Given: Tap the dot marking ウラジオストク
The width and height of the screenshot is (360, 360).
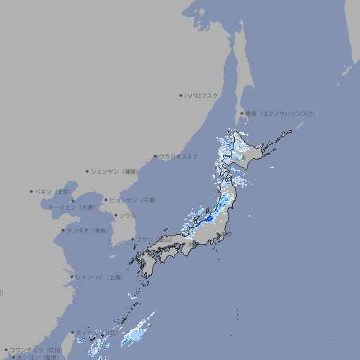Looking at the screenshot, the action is (x=155, y=156).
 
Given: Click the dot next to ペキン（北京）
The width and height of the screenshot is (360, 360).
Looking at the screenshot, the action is (x=32, y=191).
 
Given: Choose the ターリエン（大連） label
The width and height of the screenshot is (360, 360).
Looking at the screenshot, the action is (x=71, y=207).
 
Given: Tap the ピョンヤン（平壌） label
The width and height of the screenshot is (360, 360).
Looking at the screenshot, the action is (x=134, y=200).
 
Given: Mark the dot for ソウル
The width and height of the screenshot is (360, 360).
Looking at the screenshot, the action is (x=115, y=215).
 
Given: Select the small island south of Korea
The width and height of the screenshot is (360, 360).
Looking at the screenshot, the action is (x=114, y=247).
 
